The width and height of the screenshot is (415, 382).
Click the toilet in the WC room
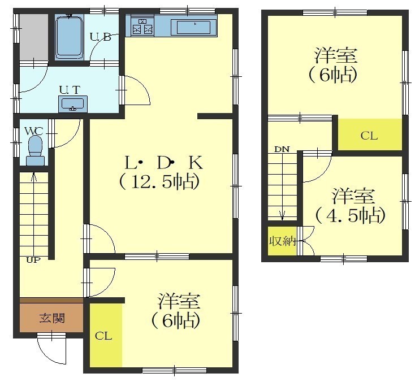click(x=35, y=150)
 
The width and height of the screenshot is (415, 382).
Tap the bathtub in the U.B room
click(x=69, y=37)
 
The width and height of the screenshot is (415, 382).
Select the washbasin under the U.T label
click(x=73, y=104)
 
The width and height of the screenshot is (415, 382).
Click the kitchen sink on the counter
click(x=194, y=27)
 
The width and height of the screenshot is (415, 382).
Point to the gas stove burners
click(x=143, y=27)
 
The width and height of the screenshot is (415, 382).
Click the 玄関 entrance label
click(x=52, y=318)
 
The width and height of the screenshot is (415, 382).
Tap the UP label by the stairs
click(x=33, y=260)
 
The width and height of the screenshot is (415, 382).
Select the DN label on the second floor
click(x=282, y=150)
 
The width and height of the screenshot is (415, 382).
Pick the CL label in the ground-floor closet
click(x=103, y=336)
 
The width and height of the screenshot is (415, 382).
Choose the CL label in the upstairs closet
click(x=369, y=136)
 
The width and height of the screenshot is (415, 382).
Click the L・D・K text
click(x=164, y=163)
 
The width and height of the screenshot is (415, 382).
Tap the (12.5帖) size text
click(x=159, y=183)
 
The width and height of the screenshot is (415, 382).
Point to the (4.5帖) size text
click(x=350, y=216)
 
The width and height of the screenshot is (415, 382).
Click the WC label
click(x=33, y=131)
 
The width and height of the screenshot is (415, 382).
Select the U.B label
click(x=100, y=37)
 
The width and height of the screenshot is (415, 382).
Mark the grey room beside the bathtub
click(x=34, y=37)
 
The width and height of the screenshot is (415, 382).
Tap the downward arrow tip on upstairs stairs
click(x=282, y=220)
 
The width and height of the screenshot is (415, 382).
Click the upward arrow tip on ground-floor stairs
click(x=33, y=173)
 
